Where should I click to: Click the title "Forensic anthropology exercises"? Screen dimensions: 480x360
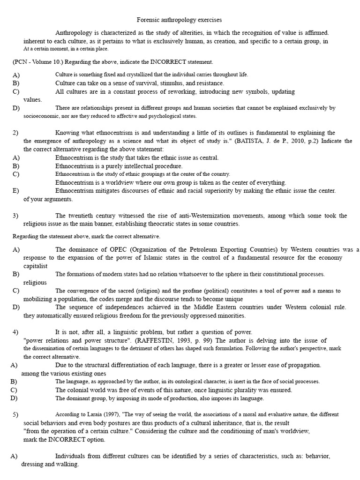click(x=179, y=20)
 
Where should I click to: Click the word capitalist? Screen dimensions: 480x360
click(x=35, y=266)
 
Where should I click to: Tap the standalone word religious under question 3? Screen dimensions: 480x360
click(x=35, y=282)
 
